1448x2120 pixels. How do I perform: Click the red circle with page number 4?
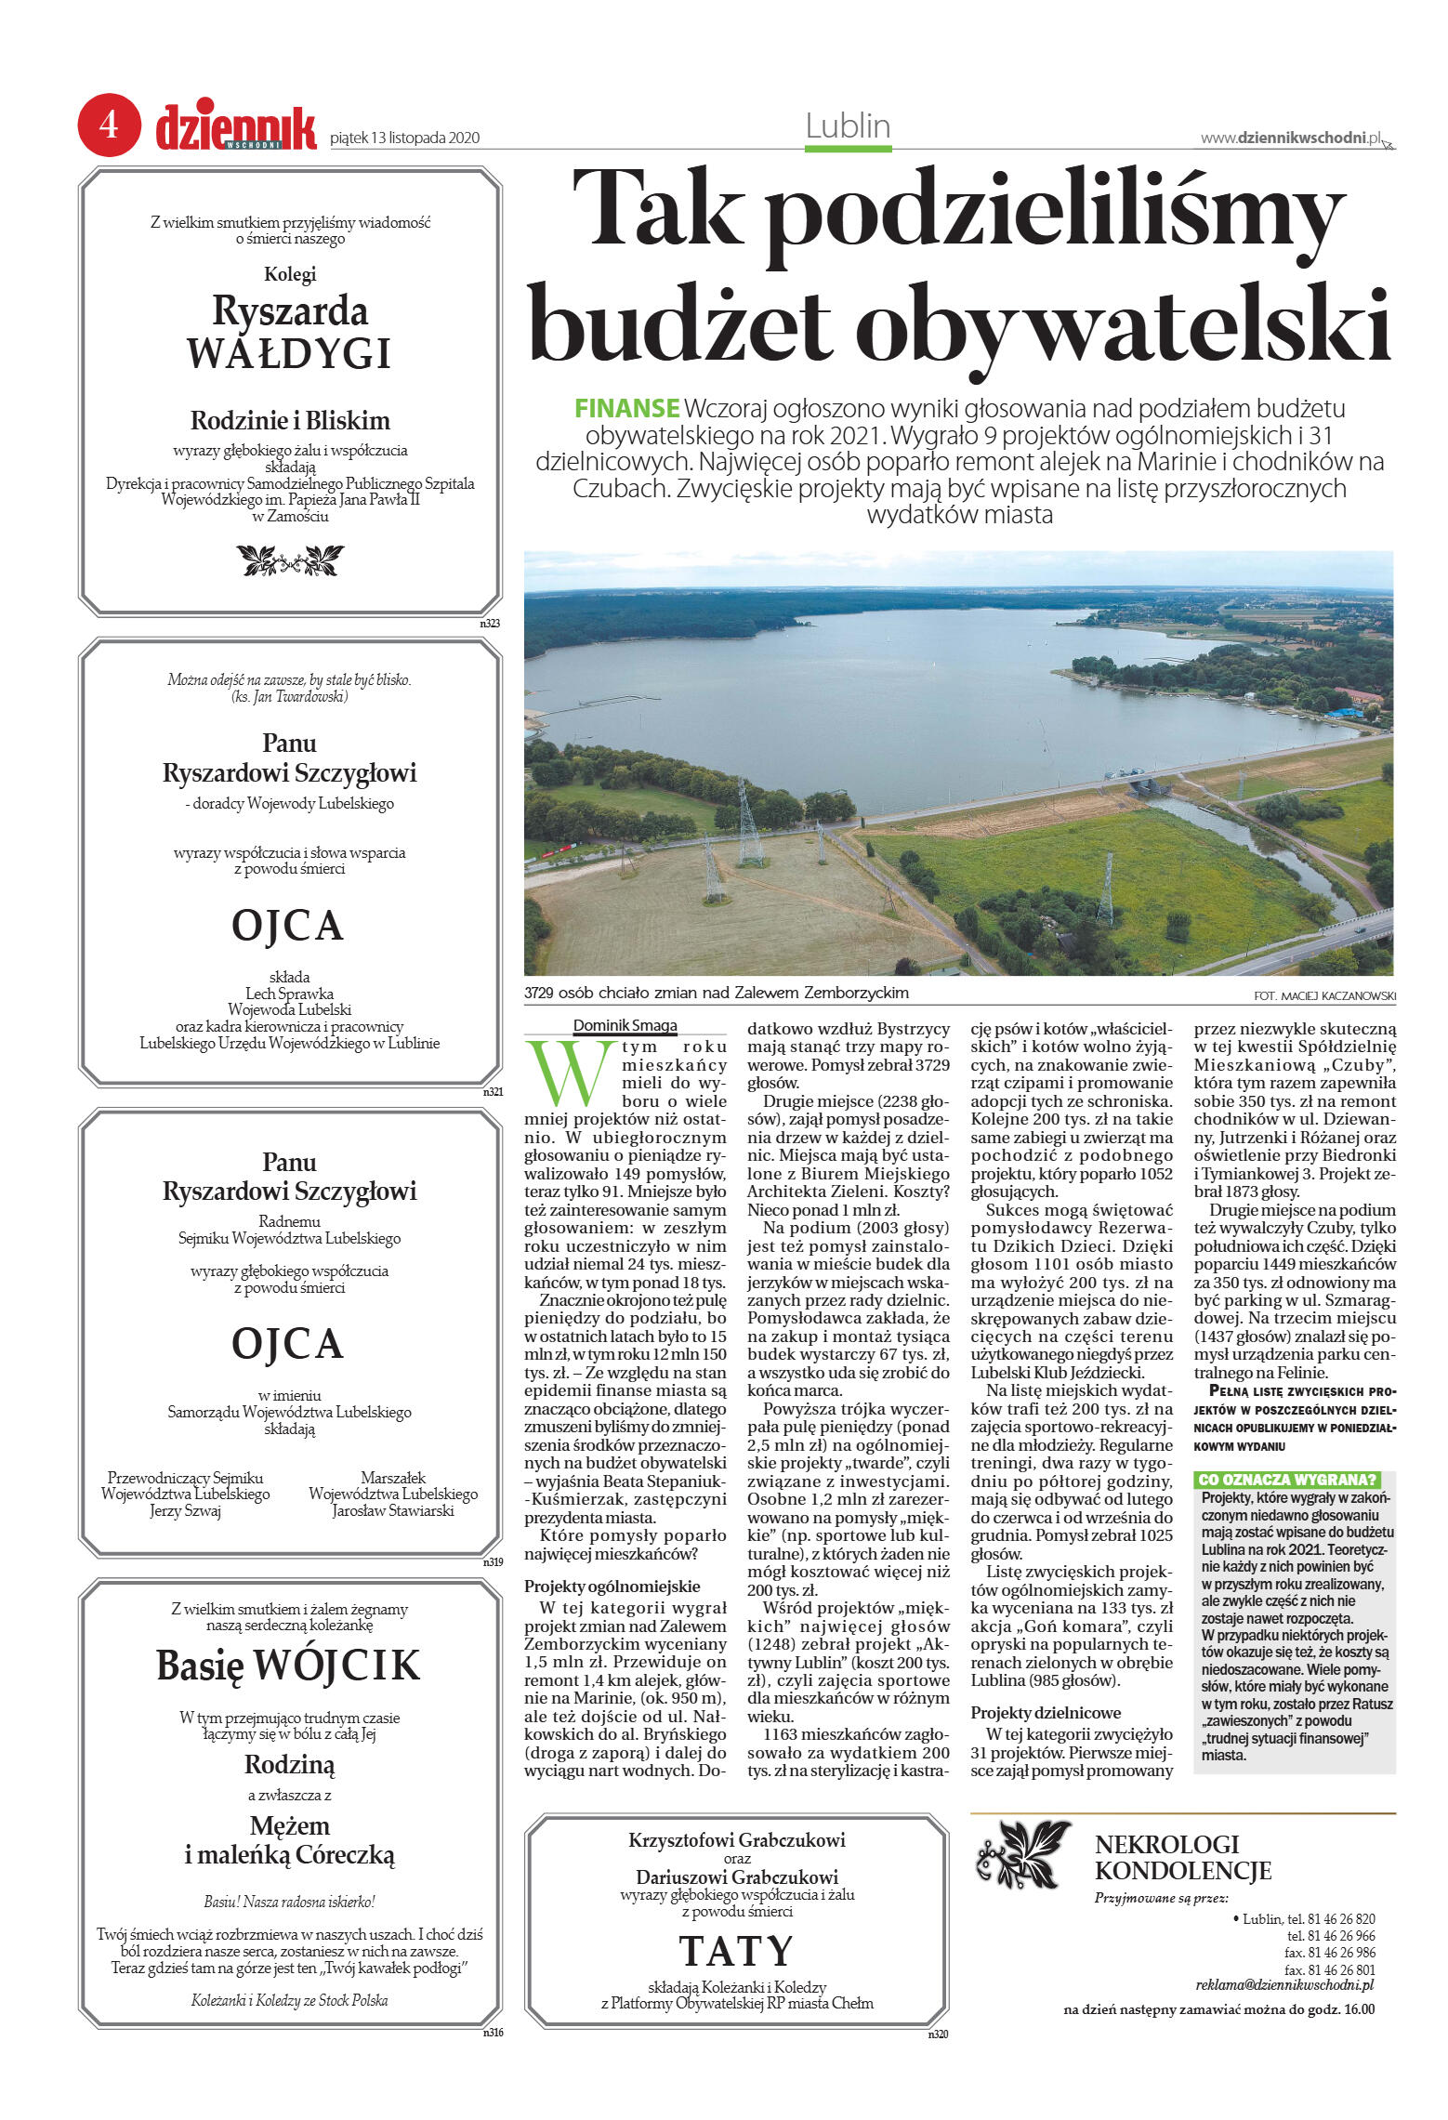(109, 125)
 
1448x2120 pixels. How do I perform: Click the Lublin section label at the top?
(848, 126)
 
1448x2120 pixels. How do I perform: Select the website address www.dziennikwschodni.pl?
(1291, 138)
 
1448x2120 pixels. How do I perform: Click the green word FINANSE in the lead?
(626, 408)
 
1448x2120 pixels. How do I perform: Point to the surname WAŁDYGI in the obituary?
(289, 354)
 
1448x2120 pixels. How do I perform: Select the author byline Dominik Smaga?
(625, 1026)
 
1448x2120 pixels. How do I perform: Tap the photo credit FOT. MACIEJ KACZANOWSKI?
(1324, 996)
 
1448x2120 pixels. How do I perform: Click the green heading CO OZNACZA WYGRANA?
(1286, 1480)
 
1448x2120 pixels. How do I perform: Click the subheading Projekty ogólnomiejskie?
(612, 1587)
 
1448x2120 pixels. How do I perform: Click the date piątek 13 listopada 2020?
(404, 138)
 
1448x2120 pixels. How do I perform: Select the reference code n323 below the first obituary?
(490, 624)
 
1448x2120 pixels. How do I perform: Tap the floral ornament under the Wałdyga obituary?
(290, 560)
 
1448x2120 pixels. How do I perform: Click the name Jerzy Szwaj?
(186, 1510)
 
